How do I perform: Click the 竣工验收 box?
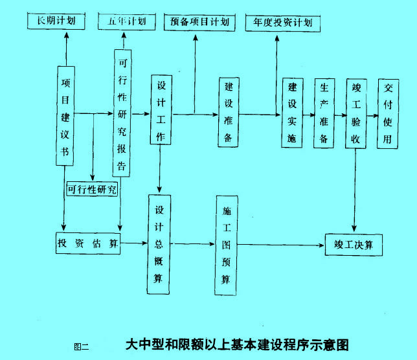pyautogui.click(x=355, y=113)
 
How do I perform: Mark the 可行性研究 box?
pyautogui.click(x=93, y=189)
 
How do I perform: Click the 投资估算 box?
pyautogui.click(x=87, y=243)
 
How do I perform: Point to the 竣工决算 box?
pyautogui.click(x=354, y=245)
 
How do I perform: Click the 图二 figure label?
pyautogui.click(x=81, y=346)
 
